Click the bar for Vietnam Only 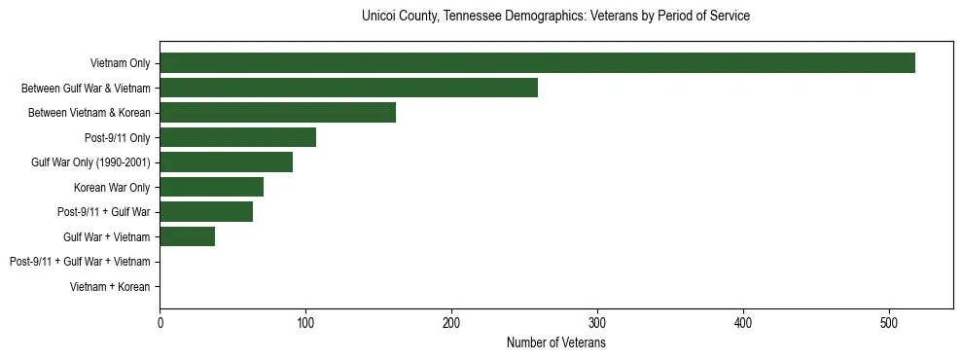pos(537,63)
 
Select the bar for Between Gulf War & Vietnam pos(348,89)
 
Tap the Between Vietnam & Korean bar pos(277,113)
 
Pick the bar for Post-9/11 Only pos(237,137)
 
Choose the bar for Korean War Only pos(211,187)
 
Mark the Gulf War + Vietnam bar pos(187,236)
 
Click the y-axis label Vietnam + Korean pos(110,287)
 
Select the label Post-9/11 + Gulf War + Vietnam pos(80,262)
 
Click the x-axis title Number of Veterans pos(555,343)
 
